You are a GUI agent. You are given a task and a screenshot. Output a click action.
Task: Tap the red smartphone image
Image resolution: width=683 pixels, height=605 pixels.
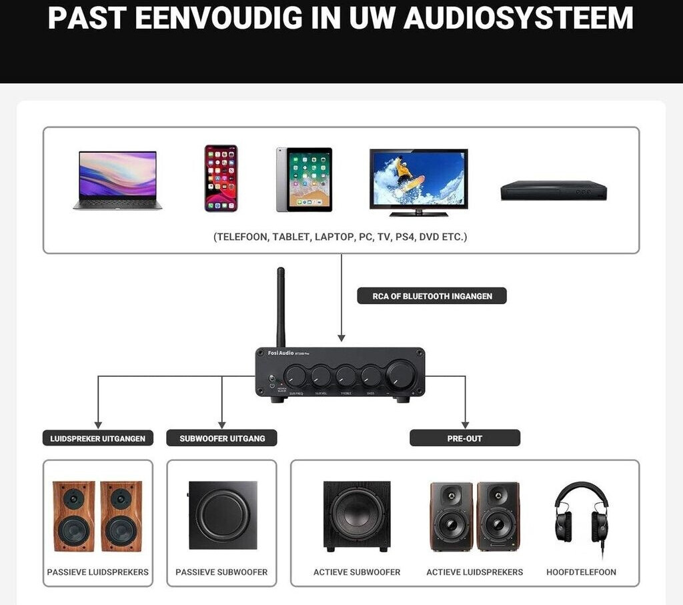click(x=221, y=178)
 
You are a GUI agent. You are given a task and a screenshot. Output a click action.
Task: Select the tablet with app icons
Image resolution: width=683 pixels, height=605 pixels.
click(x=304, y=179)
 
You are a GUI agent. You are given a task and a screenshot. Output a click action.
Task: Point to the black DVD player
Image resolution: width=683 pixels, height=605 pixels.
click(x=554, y=191)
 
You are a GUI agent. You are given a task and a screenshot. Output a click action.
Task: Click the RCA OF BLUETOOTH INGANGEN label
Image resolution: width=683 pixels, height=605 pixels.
click(x=432, y=295)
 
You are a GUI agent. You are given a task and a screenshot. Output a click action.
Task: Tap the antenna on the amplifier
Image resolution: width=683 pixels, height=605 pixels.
click(x=281, y=307)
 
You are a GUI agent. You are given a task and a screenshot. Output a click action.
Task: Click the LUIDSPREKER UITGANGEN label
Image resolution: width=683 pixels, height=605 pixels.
click(x=98, y=438)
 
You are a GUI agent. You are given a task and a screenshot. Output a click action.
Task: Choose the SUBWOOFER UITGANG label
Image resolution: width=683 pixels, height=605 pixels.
click(x=222, y=438)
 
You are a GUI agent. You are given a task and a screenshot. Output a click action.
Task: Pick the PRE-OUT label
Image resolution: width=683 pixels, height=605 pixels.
click(x=465, y=438)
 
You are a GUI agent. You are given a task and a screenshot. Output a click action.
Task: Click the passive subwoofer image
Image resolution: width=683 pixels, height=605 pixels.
click(x=223, y=515)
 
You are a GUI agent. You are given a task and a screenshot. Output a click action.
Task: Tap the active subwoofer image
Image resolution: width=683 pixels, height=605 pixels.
click(x=357, y=516)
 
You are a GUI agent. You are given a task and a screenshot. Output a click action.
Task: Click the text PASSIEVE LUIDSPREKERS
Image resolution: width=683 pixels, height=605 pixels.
click(x=98, y=572)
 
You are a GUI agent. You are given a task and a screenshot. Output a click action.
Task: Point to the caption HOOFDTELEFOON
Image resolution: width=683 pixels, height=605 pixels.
click(x=581, y=572)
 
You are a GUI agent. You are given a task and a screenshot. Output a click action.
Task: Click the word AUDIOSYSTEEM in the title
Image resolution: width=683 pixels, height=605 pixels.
click(x=518, y=19)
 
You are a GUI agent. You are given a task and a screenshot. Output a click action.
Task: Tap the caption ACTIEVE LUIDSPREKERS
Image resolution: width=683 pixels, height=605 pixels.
click(x=475, y=572)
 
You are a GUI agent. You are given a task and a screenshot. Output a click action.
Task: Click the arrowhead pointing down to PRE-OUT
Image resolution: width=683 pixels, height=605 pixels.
click(x=465, y=424)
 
